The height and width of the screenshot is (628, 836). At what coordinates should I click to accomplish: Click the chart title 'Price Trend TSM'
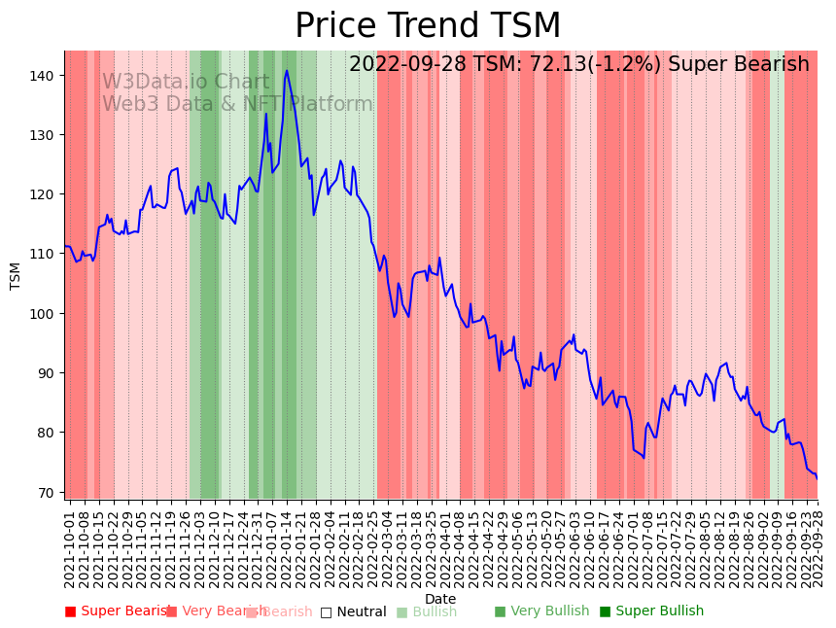pyautogui.click(x=428, y=26)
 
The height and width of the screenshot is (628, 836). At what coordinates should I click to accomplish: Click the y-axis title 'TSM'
pyautogui.click(x=16, y=275)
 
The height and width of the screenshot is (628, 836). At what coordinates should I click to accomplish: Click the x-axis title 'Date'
pyautogui.click(x=440, y=599)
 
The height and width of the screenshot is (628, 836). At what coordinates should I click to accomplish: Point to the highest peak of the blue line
pyautogui.click(x=287, y=70)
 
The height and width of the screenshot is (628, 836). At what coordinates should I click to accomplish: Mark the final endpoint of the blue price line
pyautogui.click(x=817, y=478)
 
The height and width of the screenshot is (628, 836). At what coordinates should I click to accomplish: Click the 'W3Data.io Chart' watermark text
pyautogui.click(x=186, y=83)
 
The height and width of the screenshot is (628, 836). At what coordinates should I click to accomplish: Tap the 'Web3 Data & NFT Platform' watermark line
pyautogui.click(x=237, y=104)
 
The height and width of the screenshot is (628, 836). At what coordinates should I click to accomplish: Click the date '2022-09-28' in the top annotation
pyautogui.click(x=404, y=65)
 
